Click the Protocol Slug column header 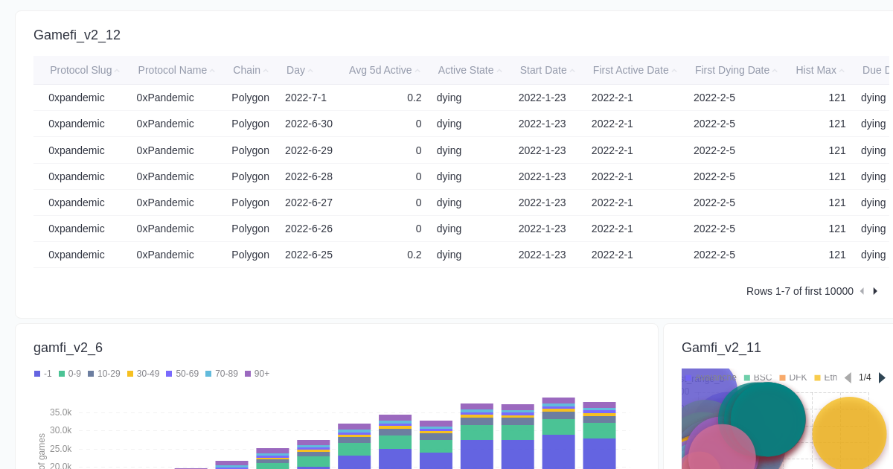80,70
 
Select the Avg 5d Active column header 380,70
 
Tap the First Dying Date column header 732,70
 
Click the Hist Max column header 816,70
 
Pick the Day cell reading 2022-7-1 306,98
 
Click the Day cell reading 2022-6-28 309,176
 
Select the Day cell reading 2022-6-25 309,255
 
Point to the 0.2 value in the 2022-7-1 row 414,98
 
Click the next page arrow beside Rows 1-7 875,291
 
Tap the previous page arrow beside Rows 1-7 862,291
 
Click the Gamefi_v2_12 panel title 77,35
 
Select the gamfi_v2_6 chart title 68,348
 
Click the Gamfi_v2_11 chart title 721,348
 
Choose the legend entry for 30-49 143,374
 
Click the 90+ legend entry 257,374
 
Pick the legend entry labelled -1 43,374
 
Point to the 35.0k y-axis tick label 60,412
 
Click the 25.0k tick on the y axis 60,449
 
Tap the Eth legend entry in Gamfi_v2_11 826,377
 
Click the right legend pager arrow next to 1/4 882,377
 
